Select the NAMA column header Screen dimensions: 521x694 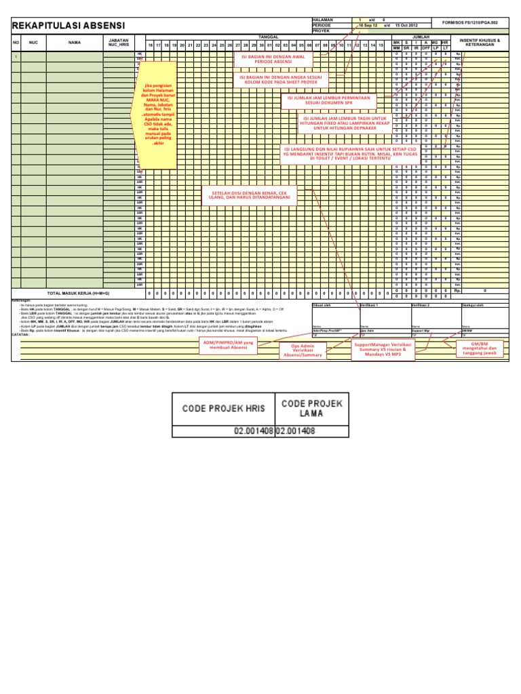tap(75, 42)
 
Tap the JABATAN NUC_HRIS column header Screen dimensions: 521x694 tap(119, 42)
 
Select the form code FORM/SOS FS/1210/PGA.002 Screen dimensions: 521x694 tap(485, 20)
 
